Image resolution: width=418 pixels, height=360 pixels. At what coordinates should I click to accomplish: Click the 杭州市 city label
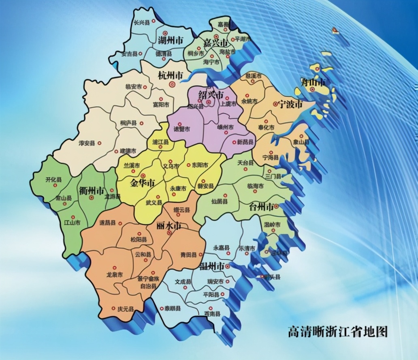[x=170, y=75]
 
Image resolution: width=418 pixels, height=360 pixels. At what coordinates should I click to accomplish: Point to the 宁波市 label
[x=291, y=104]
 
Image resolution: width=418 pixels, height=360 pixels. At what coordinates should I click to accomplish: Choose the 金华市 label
[x=142, y=183]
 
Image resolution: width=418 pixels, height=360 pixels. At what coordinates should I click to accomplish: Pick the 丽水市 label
[x=169, y=226]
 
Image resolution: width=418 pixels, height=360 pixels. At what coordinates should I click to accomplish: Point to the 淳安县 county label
[x=87, y=143]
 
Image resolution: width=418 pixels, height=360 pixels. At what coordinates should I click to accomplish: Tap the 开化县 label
[x=53, y=180]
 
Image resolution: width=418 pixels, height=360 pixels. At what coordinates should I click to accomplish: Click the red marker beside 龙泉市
[x=114, y=268]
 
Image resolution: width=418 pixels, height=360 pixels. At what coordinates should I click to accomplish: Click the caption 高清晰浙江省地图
[x=337, y=332]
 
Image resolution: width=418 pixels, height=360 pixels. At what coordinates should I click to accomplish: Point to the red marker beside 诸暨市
[x=180, y=124]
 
